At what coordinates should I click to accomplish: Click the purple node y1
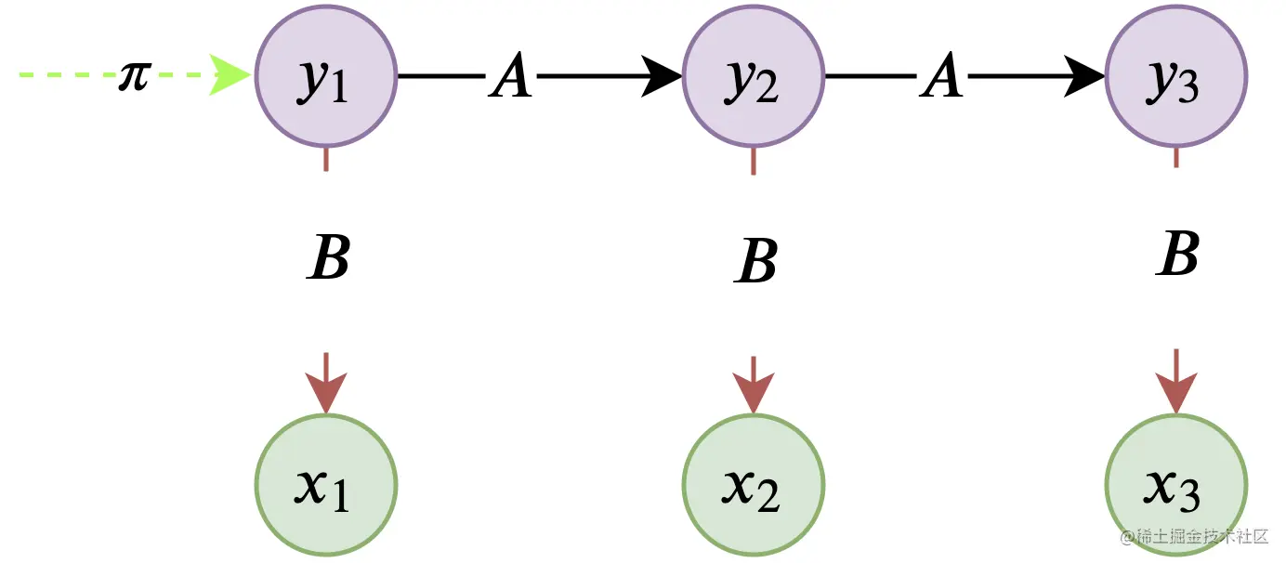[325, 77]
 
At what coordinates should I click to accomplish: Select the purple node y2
[753, 77]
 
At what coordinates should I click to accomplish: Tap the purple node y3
[1175, 77]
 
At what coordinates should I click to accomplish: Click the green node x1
[325, 484]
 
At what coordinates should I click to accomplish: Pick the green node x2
[753, 484]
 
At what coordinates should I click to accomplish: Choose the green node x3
[1175, 484]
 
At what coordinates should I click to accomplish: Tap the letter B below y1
[329, 259]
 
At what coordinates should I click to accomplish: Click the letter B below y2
[755, 263]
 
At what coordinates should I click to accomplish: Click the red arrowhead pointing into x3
[1175, 390]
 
